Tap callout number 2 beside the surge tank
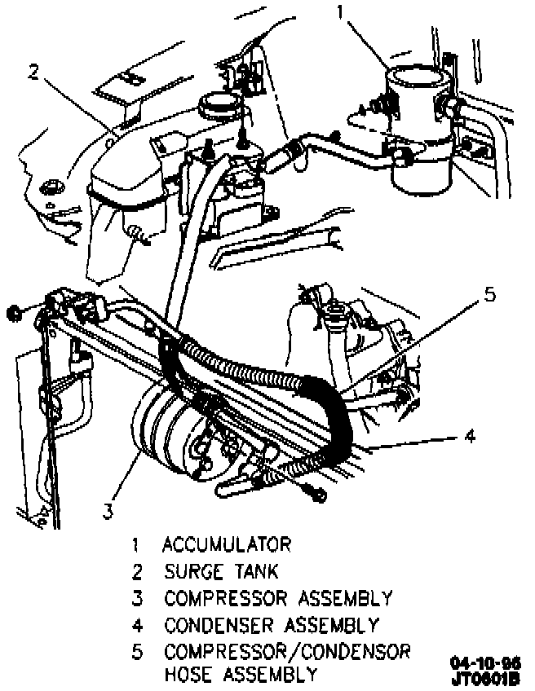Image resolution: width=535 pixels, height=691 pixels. pyautogui.click(x=33, y=73)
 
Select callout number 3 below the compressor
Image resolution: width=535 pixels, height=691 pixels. pyautogui.click(x=108, y=512)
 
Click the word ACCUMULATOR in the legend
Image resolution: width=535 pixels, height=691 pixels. pyautogui.click(x=226, y=544)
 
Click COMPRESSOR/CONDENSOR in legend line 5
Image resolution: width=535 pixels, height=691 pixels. pyautogui.click(x=286, y=653)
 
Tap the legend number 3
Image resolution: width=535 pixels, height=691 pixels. pyautogui.click(x=138, y=599)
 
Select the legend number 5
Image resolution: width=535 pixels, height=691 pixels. pyautogui.click(x=138, y=653)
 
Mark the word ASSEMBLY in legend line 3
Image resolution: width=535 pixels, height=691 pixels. pyautogui.click(x=344, y=599)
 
